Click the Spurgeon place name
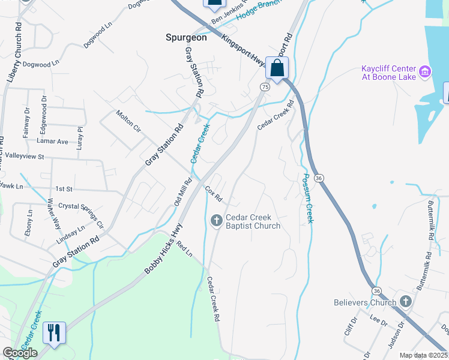[x=186, y=37]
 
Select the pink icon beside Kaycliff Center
[x=424, y=72]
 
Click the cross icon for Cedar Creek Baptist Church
[x=217, y=221]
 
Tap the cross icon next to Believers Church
[x=405, y=301]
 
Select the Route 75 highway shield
[x=264, y=87]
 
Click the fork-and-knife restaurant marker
[x=54, y=332]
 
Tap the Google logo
[x=20, y=353]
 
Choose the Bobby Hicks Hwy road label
[x=163, y=249]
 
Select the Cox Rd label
[x=214, y=194]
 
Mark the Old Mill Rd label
[x=182, y=191]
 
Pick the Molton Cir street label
[x=128, y=120]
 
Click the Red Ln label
[x=184, y=250]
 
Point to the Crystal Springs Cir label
[x=81, y=215]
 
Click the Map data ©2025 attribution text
[x=424, y=355]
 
